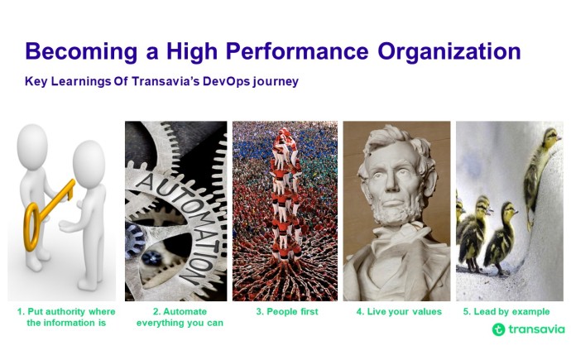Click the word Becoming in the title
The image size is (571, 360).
tap(82, 52)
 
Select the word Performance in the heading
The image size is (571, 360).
tap(297, 51)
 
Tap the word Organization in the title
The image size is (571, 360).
tap(449, 52)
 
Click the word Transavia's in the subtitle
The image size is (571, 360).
tap(166, 81)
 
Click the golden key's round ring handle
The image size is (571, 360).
tap(32, 227)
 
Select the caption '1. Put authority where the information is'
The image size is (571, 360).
tap(66, 317)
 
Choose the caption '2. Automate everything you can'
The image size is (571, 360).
tap(180, 317)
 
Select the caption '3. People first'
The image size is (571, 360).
tap(287, 312)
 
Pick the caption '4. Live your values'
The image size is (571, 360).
tap(399, 312)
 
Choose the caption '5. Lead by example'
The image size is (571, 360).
tap(506, 312)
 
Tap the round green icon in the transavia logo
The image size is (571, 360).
tap(498, 329)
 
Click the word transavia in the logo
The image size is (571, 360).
tap(536, 329)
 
